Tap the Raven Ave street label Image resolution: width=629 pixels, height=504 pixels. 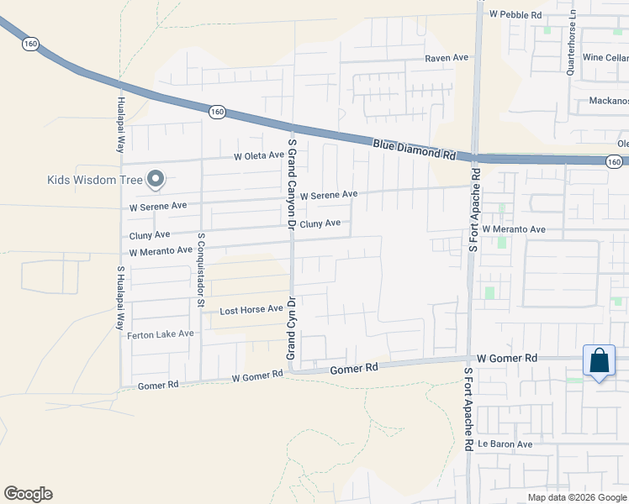pos(446,58)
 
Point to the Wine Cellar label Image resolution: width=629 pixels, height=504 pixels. pos(605,58)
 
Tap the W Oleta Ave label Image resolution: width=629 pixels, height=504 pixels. pos(261,156)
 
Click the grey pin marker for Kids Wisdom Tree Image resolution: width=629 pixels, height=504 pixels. pos(156,178)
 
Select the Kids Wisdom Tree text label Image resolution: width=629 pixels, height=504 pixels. pos(95,179)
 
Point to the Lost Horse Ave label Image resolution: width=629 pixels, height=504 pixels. pos(251,310)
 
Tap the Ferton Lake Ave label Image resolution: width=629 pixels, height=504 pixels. pos(161,334)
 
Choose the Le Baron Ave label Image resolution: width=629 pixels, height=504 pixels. pos(505,444)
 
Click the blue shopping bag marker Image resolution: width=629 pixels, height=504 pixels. pos(599,361)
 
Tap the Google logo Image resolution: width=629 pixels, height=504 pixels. pos(28,494)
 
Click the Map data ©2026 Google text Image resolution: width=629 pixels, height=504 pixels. pos(577,497)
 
